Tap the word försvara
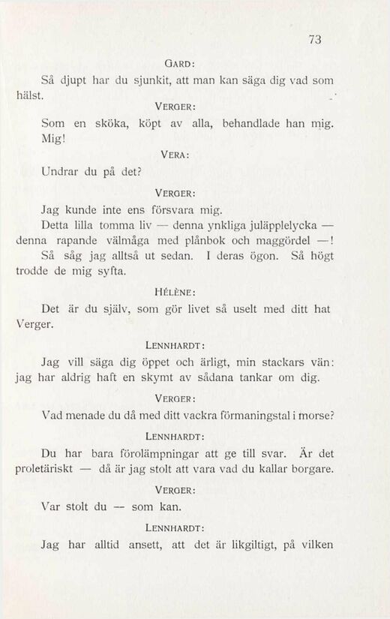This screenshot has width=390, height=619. pos(151,204)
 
